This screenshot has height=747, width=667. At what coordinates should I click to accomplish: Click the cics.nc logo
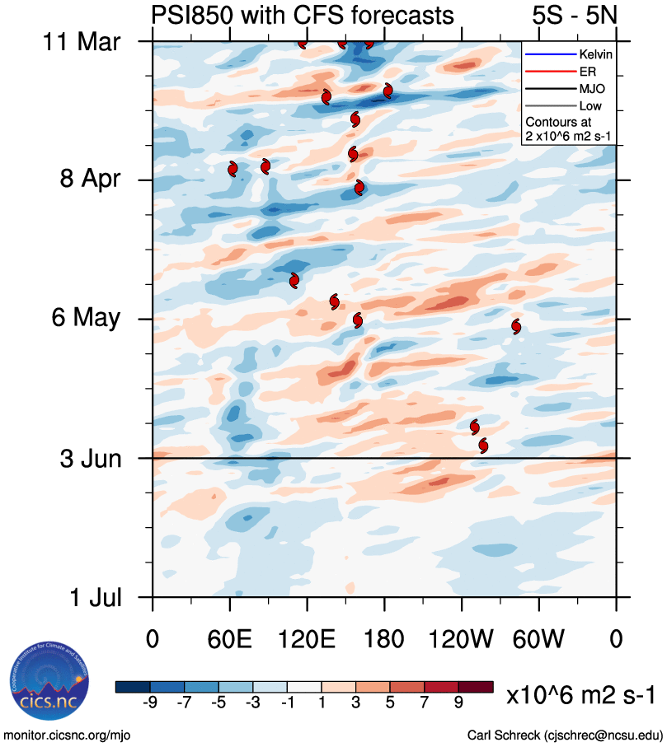tap(47, 682)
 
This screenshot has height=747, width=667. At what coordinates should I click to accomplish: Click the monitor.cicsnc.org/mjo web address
tap(68, 734)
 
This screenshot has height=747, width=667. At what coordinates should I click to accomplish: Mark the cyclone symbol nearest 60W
tap(516, 326)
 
